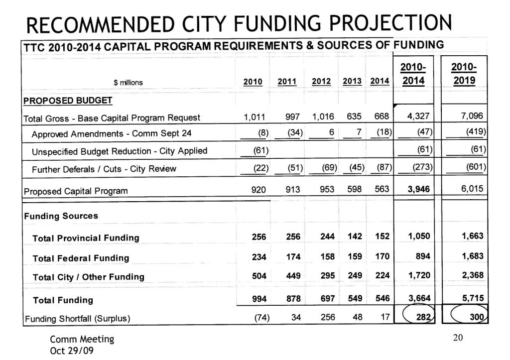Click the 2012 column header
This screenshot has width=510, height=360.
point(321,82)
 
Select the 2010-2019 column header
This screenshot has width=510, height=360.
point(463,74)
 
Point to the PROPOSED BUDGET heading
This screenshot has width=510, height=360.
point(68,101)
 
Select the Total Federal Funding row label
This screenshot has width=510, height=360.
point(81,258)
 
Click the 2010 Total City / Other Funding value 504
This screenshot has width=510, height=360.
point(259,276)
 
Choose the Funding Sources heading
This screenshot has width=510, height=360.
point(61,216)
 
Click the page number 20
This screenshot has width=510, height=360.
point(458,338)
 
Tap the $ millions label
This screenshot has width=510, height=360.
point(128,83)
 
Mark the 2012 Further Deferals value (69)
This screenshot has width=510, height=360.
point(329,168)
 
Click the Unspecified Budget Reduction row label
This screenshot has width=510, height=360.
point(120,151)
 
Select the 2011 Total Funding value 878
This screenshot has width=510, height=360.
point(293,299)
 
